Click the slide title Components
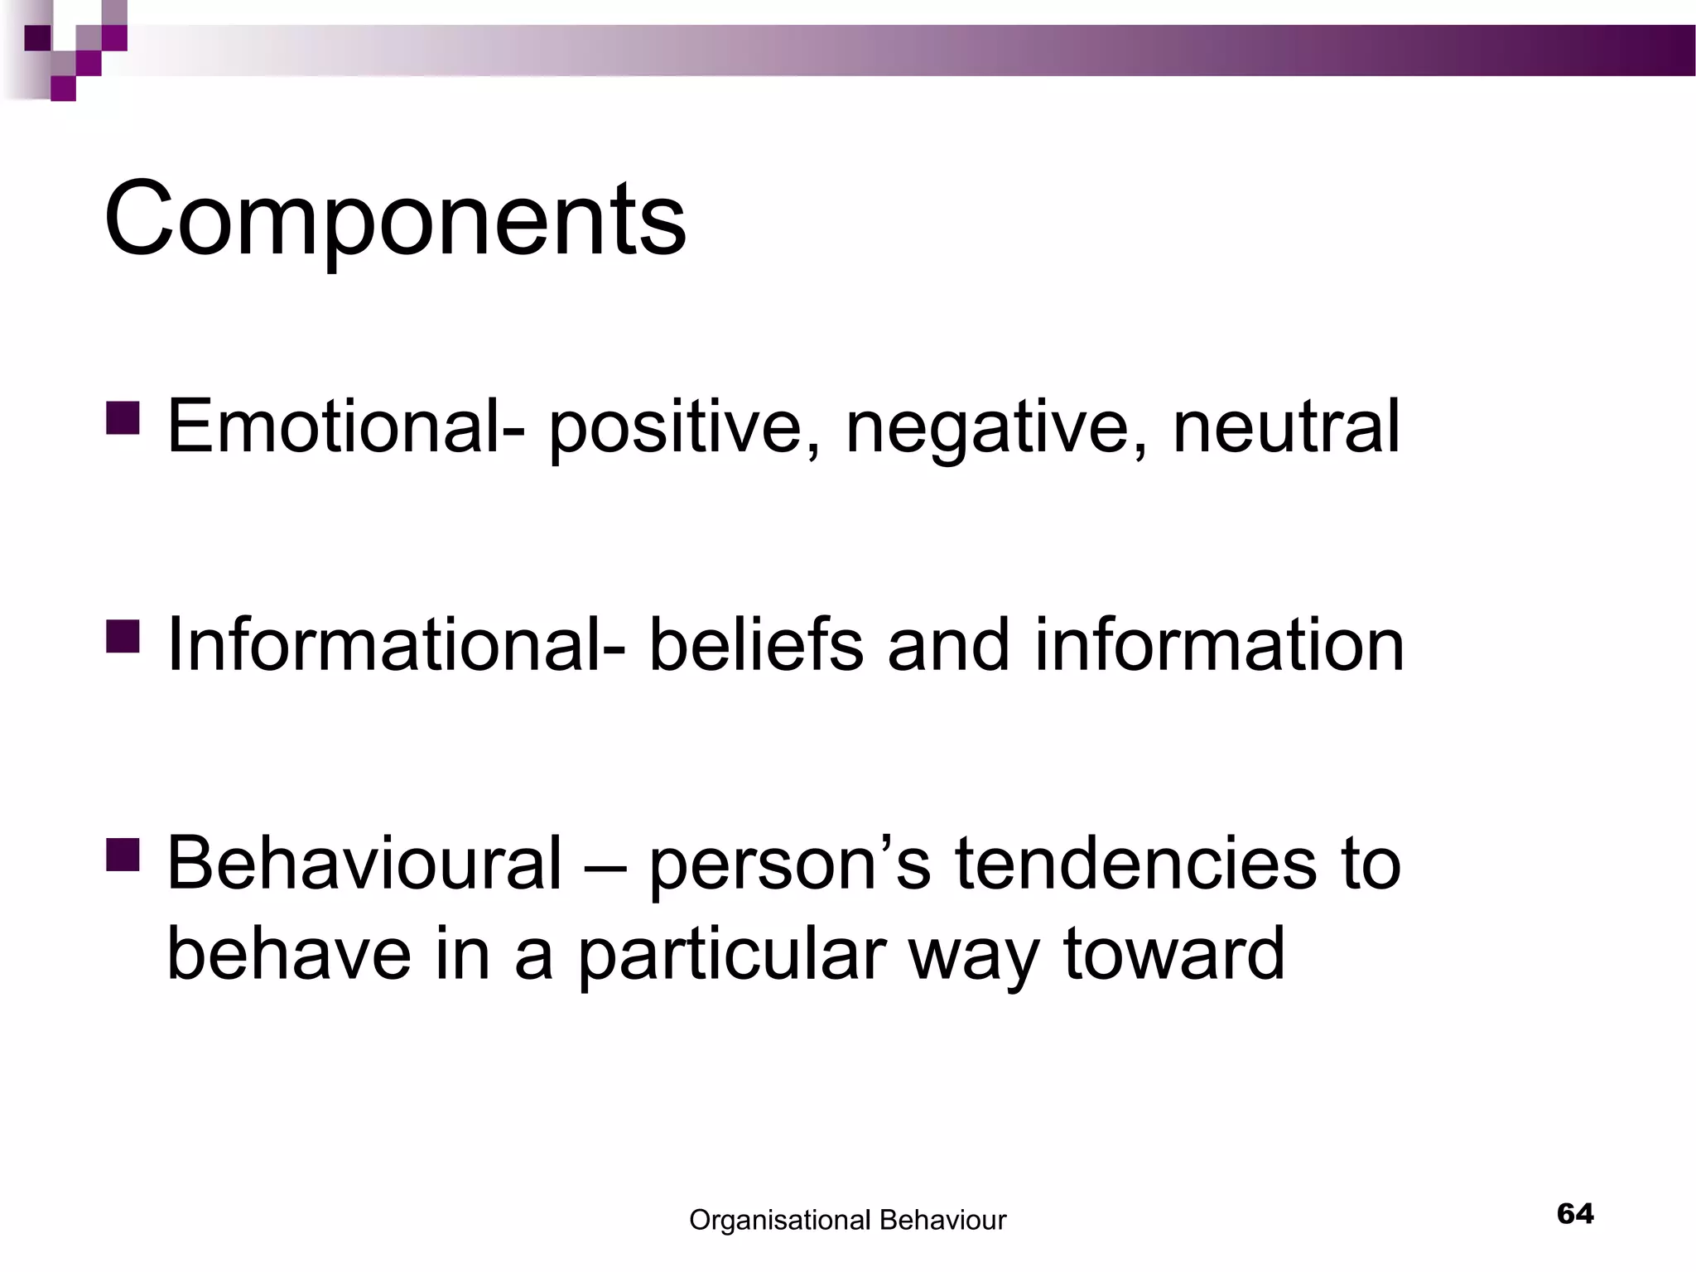click(395, 219)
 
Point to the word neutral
click(1286, 427)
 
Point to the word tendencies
click(1135, 863)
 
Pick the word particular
click(730, 954)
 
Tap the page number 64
click(1575, 1213)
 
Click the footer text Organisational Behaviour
click(847, 1220)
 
